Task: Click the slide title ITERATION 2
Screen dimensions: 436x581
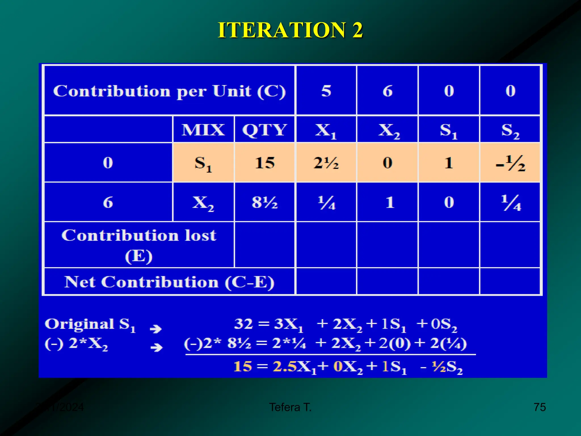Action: coord(290,30)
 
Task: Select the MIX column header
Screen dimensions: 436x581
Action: coord(203,130)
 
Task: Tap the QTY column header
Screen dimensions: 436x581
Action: coord(264,130)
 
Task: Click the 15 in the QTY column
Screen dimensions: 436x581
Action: coord(264,163)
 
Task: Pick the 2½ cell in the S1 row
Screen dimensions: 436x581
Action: coord(326,163)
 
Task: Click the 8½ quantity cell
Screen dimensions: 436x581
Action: coord(264,202)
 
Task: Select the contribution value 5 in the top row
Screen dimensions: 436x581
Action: coord(326,91)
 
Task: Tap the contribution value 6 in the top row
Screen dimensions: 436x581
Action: coord(388,91)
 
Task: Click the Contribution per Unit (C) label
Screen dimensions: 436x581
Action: coord(169,91)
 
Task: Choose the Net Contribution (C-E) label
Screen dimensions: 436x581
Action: coord(169,282)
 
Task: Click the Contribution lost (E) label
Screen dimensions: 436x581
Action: coord(139,245)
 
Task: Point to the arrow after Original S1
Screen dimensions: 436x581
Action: coord(156,329)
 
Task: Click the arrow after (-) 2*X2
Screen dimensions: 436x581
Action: coord(156,347)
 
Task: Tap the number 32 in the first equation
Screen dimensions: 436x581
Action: coord(243,324)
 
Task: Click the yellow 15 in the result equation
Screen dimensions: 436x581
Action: coord(243,366)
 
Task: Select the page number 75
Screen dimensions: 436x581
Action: coord(540,407)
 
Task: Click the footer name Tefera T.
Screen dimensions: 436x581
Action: coord(290,407)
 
